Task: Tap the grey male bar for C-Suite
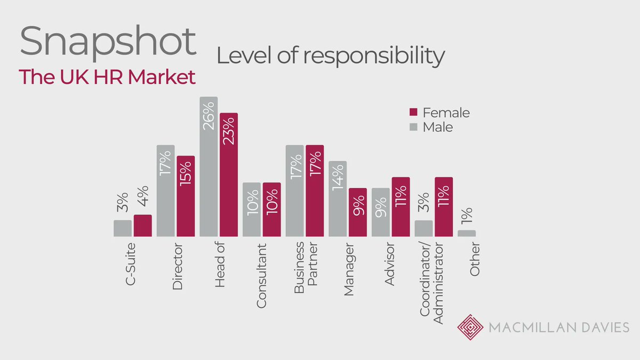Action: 123,228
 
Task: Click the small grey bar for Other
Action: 467,233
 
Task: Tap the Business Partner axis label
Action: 306,264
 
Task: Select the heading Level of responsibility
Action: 330,55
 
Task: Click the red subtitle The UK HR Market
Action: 107,77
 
